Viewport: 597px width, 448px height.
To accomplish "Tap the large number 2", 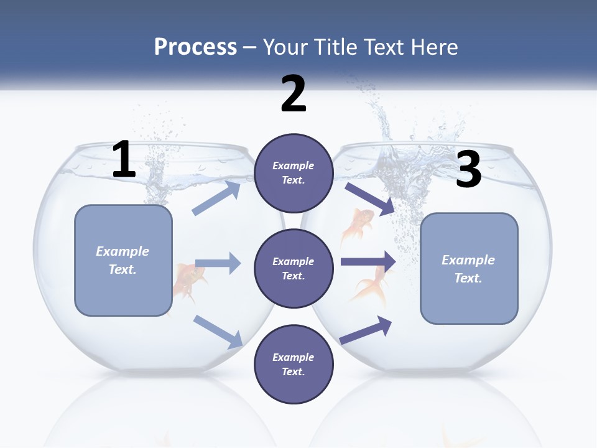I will click(294, 94).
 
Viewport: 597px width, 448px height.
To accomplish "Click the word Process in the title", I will click(195, 47).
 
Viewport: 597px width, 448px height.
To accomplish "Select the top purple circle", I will click(294, 173).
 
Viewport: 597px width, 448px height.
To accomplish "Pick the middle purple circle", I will click(294, 268).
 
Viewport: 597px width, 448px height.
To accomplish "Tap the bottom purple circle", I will click(294, 364).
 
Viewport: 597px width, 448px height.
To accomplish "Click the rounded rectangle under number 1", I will click(123, 260).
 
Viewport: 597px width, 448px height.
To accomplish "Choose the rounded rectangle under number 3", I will click(469, 268).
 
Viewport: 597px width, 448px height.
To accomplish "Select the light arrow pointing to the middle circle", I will click(218, 263).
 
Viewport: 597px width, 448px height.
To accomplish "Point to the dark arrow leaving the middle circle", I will click(368, 261).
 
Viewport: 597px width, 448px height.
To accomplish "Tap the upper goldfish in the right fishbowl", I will click(359, 224).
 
